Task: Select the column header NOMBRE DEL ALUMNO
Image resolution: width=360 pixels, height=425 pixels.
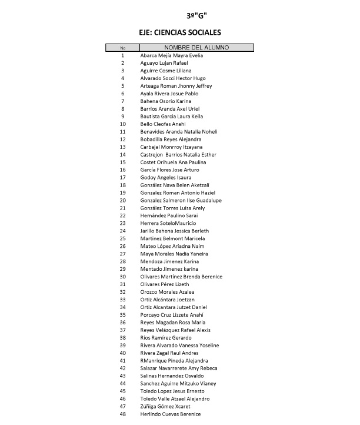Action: click(196, 47)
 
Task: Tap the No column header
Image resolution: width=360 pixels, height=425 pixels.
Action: click(122, 48)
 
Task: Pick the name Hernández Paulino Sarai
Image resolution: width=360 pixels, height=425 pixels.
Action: click(169, 215)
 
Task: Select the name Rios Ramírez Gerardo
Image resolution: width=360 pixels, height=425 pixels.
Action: click(166, 338)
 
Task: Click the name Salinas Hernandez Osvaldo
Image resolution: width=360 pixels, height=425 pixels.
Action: click(172, 376)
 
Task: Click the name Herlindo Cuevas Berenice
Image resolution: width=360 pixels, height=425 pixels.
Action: click(171, 414)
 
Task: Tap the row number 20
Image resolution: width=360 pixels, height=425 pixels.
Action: click(122, 200)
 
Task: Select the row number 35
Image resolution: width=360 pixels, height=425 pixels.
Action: click(122, 315)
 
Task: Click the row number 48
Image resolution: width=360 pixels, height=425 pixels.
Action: click(122, 414)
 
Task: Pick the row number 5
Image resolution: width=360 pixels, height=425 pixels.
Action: click(122, 86)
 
